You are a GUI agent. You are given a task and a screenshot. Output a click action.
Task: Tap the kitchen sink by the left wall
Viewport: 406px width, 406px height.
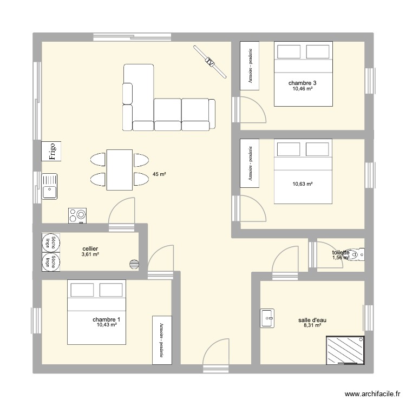[x=49, y=187]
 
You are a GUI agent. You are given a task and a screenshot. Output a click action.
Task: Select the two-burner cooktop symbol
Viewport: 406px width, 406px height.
[x=77, y=215]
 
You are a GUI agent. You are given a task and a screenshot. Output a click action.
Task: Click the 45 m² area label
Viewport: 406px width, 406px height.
[x=159, y=174]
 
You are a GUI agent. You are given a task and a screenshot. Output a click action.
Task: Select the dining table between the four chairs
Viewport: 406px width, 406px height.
[x=120, y=169]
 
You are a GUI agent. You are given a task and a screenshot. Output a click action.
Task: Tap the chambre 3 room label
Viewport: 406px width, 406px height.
[x=303, y=83]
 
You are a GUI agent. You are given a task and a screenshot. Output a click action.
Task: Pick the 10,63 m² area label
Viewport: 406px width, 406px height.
[x=303, y=184]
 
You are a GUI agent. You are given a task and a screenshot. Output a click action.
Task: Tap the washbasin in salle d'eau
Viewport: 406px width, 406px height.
[x=267, y=318]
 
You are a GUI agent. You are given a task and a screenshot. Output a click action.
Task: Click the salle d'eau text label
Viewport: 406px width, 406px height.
[x=312, y=320]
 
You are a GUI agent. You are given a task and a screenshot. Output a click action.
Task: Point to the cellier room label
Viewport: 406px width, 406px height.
[x=90, y=248]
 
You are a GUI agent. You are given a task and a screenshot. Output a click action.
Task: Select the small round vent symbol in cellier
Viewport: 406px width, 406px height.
[x=133, y=264]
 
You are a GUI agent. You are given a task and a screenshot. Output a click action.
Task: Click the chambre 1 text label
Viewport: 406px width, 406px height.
[x=107, y=319]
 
